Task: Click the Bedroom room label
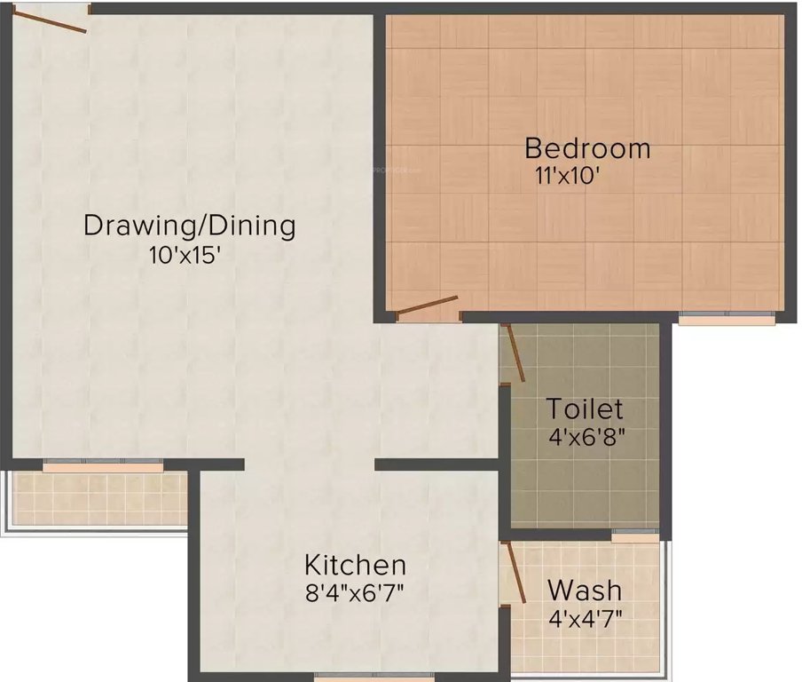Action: coord(586,147)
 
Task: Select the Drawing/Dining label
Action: coord(189,225)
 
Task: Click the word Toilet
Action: coord(584,409)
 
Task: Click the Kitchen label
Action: coord(355,565)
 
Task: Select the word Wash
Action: coord(584,590)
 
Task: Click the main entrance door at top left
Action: coord(55,20)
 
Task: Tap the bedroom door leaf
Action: coord(427,305)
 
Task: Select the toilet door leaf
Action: coord(515,353)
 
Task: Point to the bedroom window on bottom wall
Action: coord(727,317)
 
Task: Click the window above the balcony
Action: coord(103,464)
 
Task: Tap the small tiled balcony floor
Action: coord(98,498)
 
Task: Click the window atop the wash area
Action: coord(635,536)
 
